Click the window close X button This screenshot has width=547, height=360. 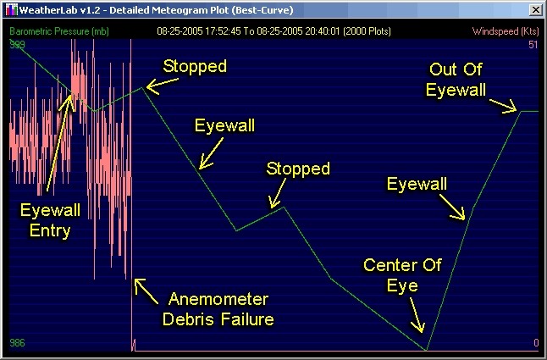tap(535, 10)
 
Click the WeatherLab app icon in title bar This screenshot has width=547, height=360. tap(12, 10)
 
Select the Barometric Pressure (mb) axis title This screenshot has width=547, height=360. tap(59, 31)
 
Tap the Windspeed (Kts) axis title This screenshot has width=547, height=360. tap(506, 31)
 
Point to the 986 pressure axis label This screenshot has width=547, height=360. tap(17, 343)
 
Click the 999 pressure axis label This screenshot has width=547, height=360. tap(17, 44)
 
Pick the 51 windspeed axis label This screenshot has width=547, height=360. tap(533, 45)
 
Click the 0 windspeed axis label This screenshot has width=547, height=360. tap(536, 343)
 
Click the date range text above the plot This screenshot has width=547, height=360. tap(273, 31)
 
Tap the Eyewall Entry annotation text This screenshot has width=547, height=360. tap(50, 220)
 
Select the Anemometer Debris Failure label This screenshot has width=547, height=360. tap(218, 309)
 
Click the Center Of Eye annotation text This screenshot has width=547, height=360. tap(402, 275)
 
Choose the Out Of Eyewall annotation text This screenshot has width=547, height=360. tap(456, 80)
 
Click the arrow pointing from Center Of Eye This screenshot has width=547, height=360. tap(417, 315)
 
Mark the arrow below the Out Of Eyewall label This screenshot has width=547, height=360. tap(503, 106)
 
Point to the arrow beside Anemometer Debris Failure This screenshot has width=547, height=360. tap(146, 291)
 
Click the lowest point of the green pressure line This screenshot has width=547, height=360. tap(426, 350)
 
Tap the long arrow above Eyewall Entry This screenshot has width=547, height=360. tap(60, 143)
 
